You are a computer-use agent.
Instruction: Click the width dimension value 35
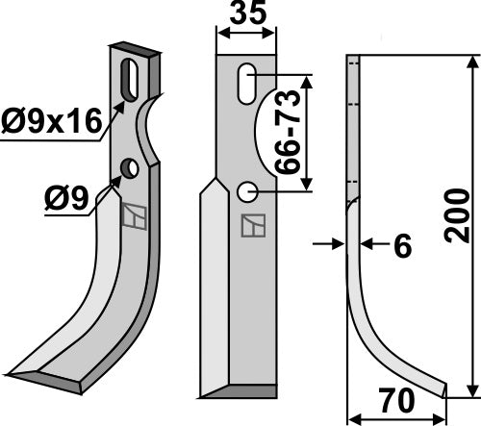point(248,13)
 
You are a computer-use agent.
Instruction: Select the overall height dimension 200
point(457,215)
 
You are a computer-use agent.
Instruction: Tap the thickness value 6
point(402,246)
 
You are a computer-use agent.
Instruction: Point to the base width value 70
point(396,400)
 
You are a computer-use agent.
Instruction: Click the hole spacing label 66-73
point(288,133)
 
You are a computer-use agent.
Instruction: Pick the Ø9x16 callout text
point(51,121)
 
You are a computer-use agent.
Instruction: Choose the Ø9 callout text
point(66,198)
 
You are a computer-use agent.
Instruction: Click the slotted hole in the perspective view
point(129,80)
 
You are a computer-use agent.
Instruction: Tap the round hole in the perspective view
point(129,168)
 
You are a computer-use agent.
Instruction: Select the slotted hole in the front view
point(247,84)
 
